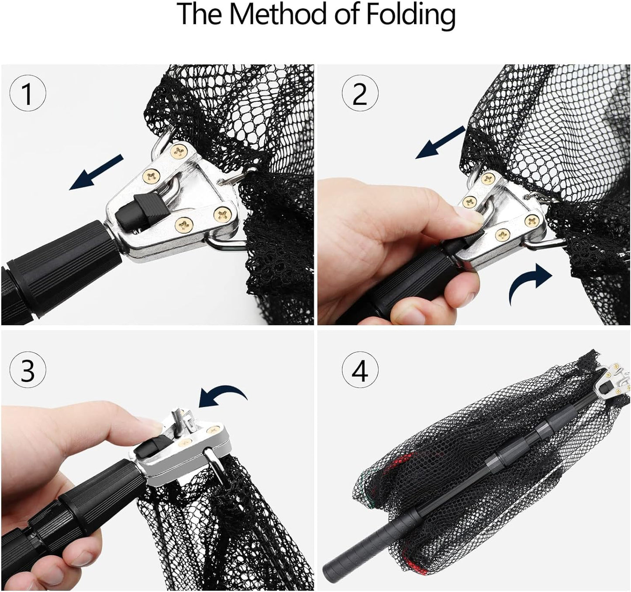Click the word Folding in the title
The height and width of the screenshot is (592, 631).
410,15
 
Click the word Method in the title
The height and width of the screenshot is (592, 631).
279,14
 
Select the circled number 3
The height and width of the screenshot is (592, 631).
28,371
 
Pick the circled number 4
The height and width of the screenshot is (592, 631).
360,371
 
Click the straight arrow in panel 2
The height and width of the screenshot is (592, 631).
440,142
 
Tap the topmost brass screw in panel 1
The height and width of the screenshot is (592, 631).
178,151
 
